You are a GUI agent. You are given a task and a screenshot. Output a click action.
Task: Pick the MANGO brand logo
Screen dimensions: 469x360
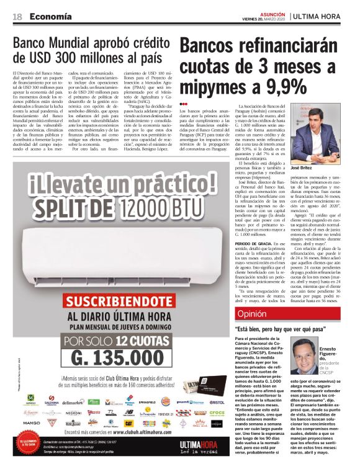[31, 423]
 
